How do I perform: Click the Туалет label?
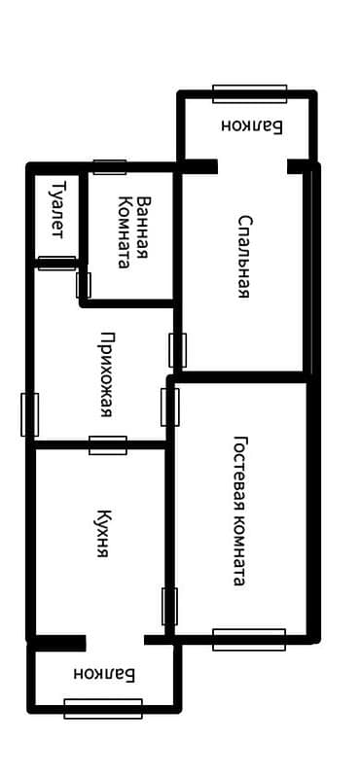tap(57, 208)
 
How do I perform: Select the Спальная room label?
tap(245, 256)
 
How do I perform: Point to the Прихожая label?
tap(105, 374)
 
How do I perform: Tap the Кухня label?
tap(101, 532)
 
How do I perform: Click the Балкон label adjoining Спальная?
tap(250, 124)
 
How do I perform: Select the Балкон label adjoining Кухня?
tap(104, 672)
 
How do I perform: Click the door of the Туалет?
tap(56, 262)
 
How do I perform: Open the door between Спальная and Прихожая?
tap(177, 349)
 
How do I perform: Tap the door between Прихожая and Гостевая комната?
tap(170, 407)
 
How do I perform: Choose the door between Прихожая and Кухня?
tap(108, 445)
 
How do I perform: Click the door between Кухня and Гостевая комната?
tap(169, 606)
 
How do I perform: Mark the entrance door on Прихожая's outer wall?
tap(30, 413)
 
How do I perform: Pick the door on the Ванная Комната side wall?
tap(83, 285)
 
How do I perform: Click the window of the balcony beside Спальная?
tap(249, 93)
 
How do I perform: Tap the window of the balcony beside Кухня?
tap(103, 708)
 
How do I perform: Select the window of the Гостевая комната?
tap(249, 639)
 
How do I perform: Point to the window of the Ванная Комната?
tap(110, 166)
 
